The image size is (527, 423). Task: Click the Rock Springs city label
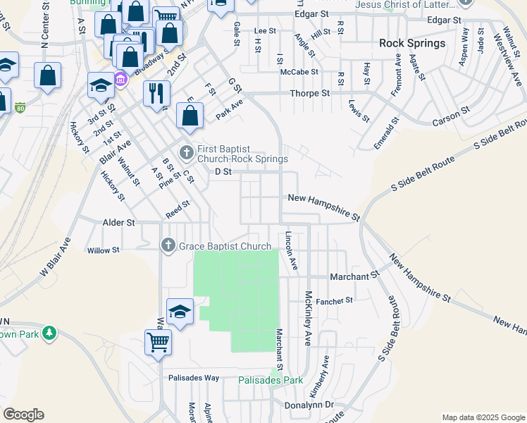(412, 43)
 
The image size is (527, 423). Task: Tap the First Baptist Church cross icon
(186, 152)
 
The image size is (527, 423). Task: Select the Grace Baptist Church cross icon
(168, 245)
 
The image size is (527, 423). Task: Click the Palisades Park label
(270, 380)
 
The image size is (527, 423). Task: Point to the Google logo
(23, 415)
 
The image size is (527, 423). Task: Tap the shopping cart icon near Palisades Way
(158, 343)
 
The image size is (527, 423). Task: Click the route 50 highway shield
(21, 108)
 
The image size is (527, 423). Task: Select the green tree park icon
(49, 332)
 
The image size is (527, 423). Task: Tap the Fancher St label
(335, 301)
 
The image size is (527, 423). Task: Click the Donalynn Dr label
(309, 405)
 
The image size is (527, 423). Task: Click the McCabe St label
(299, 72)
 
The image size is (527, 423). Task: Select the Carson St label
(451, 116)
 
